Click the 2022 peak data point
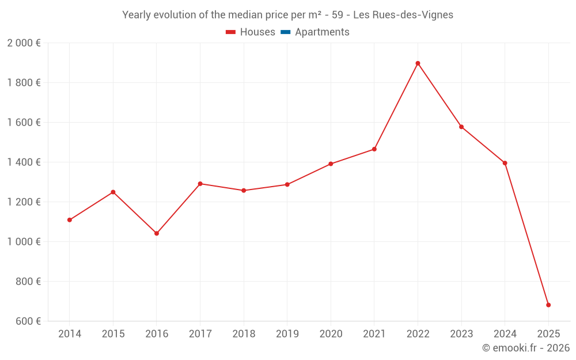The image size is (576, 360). (x=418, y=63)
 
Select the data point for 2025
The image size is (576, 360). (x=548, y=305)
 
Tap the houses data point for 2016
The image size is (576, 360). (x=157, y=233)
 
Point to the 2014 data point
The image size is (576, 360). (x=70, y=220)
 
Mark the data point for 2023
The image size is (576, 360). (x=461, y=127)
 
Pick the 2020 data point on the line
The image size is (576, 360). (x=331, y=164)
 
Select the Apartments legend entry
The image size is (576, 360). (x=322, y=32)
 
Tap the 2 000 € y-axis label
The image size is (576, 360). (x=24, y=43)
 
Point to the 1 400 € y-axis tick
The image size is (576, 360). (x=24, y=162)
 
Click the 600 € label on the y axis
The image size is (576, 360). (x=28, y=321)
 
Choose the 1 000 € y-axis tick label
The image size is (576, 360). (x=24, y=242)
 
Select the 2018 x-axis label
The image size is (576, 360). (x=244, y=334)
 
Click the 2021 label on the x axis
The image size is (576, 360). (x=374, y=334)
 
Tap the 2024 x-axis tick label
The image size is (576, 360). (x=505, y=334)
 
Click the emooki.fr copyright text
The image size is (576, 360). (x=525, y=348)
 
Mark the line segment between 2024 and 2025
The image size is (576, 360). (x=526, y=234)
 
